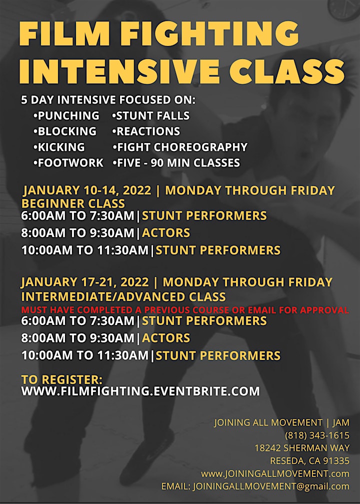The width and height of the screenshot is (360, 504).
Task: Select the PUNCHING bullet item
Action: (66, 115)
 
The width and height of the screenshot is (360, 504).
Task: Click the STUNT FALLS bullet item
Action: (151, 115)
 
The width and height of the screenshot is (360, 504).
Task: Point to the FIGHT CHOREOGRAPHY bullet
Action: (180, 147)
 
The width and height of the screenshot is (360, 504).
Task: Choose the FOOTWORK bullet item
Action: (68, 163)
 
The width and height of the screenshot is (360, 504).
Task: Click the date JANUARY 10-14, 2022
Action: (87, 190)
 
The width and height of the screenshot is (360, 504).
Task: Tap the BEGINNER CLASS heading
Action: (73, 203)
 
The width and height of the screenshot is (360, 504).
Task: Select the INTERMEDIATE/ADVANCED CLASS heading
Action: (124, 296)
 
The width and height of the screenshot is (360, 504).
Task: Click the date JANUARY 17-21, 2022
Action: (85, 282)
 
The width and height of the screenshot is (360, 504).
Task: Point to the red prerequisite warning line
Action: (185, 310)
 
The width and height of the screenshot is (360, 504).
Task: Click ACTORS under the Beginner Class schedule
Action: (166, 233)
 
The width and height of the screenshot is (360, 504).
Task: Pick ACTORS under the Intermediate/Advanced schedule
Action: (166, 338)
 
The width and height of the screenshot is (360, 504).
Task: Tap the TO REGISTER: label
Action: (62, 379)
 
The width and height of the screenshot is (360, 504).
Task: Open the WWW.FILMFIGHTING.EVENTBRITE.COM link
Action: (140, 391)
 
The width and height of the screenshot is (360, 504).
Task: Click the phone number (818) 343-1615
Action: (317, 435)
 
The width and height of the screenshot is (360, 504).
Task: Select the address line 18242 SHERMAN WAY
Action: (302, 448)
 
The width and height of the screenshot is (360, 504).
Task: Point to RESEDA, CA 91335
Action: (310, 461)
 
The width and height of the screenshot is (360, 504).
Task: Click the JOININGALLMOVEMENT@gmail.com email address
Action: (271, 486)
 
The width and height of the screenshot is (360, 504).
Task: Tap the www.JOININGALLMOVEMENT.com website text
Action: (275, 474)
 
